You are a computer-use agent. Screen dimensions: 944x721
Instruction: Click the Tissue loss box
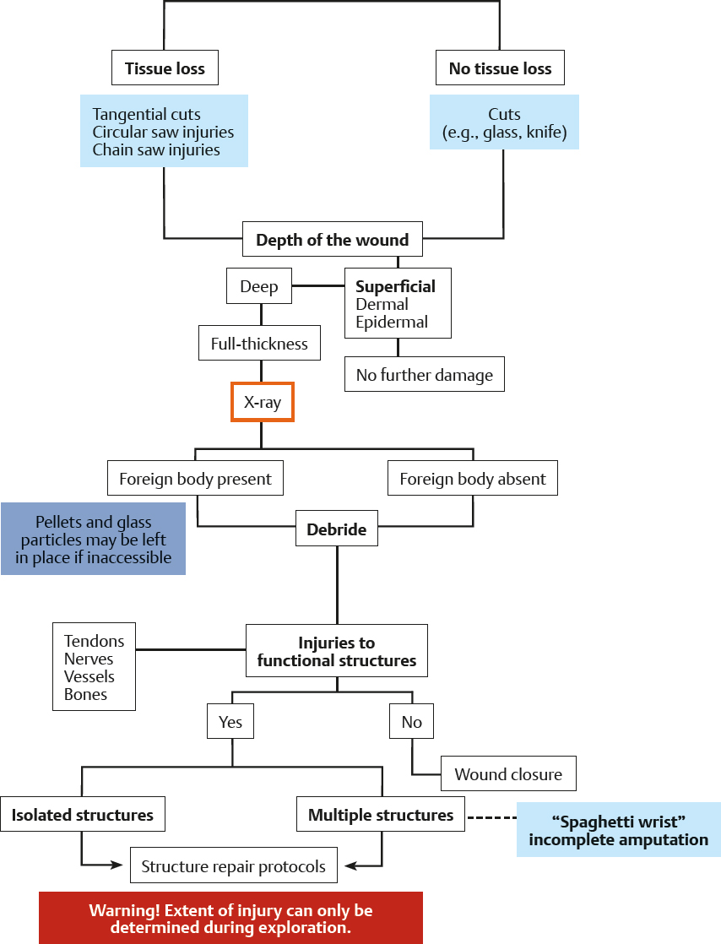pos(165,69)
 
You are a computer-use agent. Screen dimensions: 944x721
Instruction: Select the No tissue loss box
pos(500,69)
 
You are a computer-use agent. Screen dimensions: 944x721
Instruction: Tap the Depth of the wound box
pos(332,240)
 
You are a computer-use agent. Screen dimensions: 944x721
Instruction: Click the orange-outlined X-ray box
pos(263,403)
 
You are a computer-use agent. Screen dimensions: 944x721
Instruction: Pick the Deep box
pos(259,286)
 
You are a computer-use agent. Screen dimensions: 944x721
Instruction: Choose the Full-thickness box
pos(259,344)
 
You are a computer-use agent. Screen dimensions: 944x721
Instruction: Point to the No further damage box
pos(424,375)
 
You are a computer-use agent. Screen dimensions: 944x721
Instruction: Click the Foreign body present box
pos(195,479)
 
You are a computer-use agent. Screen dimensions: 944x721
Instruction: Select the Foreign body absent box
pos(472,479)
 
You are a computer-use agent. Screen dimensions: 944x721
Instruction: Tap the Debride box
pos(336,529)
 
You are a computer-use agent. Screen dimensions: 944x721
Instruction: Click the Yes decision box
pos(230,722)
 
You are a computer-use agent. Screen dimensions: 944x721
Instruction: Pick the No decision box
pos(411,722)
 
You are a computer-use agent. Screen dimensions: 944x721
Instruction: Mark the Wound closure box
pos(508,774)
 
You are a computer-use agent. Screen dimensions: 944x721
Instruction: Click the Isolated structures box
pos(83,815)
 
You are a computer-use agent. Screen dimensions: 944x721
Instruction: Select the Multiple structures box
pos(381,815)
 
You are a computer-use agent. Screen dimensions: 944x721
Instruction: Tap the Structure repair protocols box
pos(233,866)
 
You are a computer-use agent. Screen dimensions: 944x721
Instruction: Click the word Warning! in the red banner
pos(121,911)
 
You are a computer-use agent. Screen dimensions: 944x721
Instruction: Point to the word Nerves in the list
pos(89,659)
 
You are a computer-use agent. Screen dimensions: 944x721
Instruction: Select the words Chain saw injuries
pos(156,150)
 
